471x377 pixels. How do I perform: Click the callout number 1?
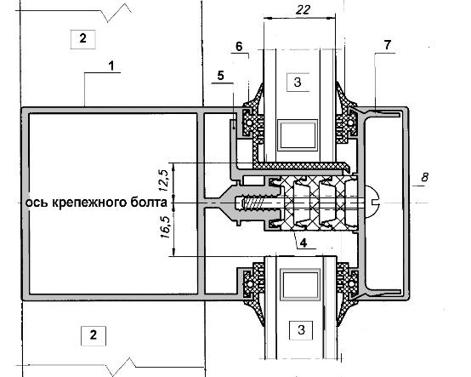(111, 66)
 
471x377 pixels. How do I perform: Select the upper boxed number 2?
(83, 39)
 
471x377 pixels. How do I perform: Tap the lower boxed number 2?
(94, 335)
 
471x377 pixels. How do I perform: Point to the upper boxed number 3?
(298, 82)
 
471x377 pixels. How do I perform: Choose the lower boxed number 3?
(301, 330)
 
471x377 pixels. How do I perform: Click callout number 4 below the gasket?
(304, 243)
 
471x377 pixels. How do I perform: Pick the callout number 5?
(220, 76)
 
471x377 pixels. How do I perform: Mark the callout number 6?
(239, 47)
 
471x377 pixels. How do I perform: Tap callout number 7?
(388, 45)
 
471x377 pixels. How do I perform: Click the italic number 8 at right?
(424, 177)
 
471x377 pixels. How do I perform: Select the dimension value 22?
(303, 10)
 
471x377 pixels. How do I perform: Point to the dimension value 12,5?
(165, 180)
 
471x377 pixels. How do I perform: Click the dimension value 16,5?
(165, 227)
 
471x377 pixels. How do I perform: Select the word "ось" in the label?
(37, 203)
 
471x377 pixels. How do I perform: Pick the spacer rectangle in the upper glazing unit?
(298, 135)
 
